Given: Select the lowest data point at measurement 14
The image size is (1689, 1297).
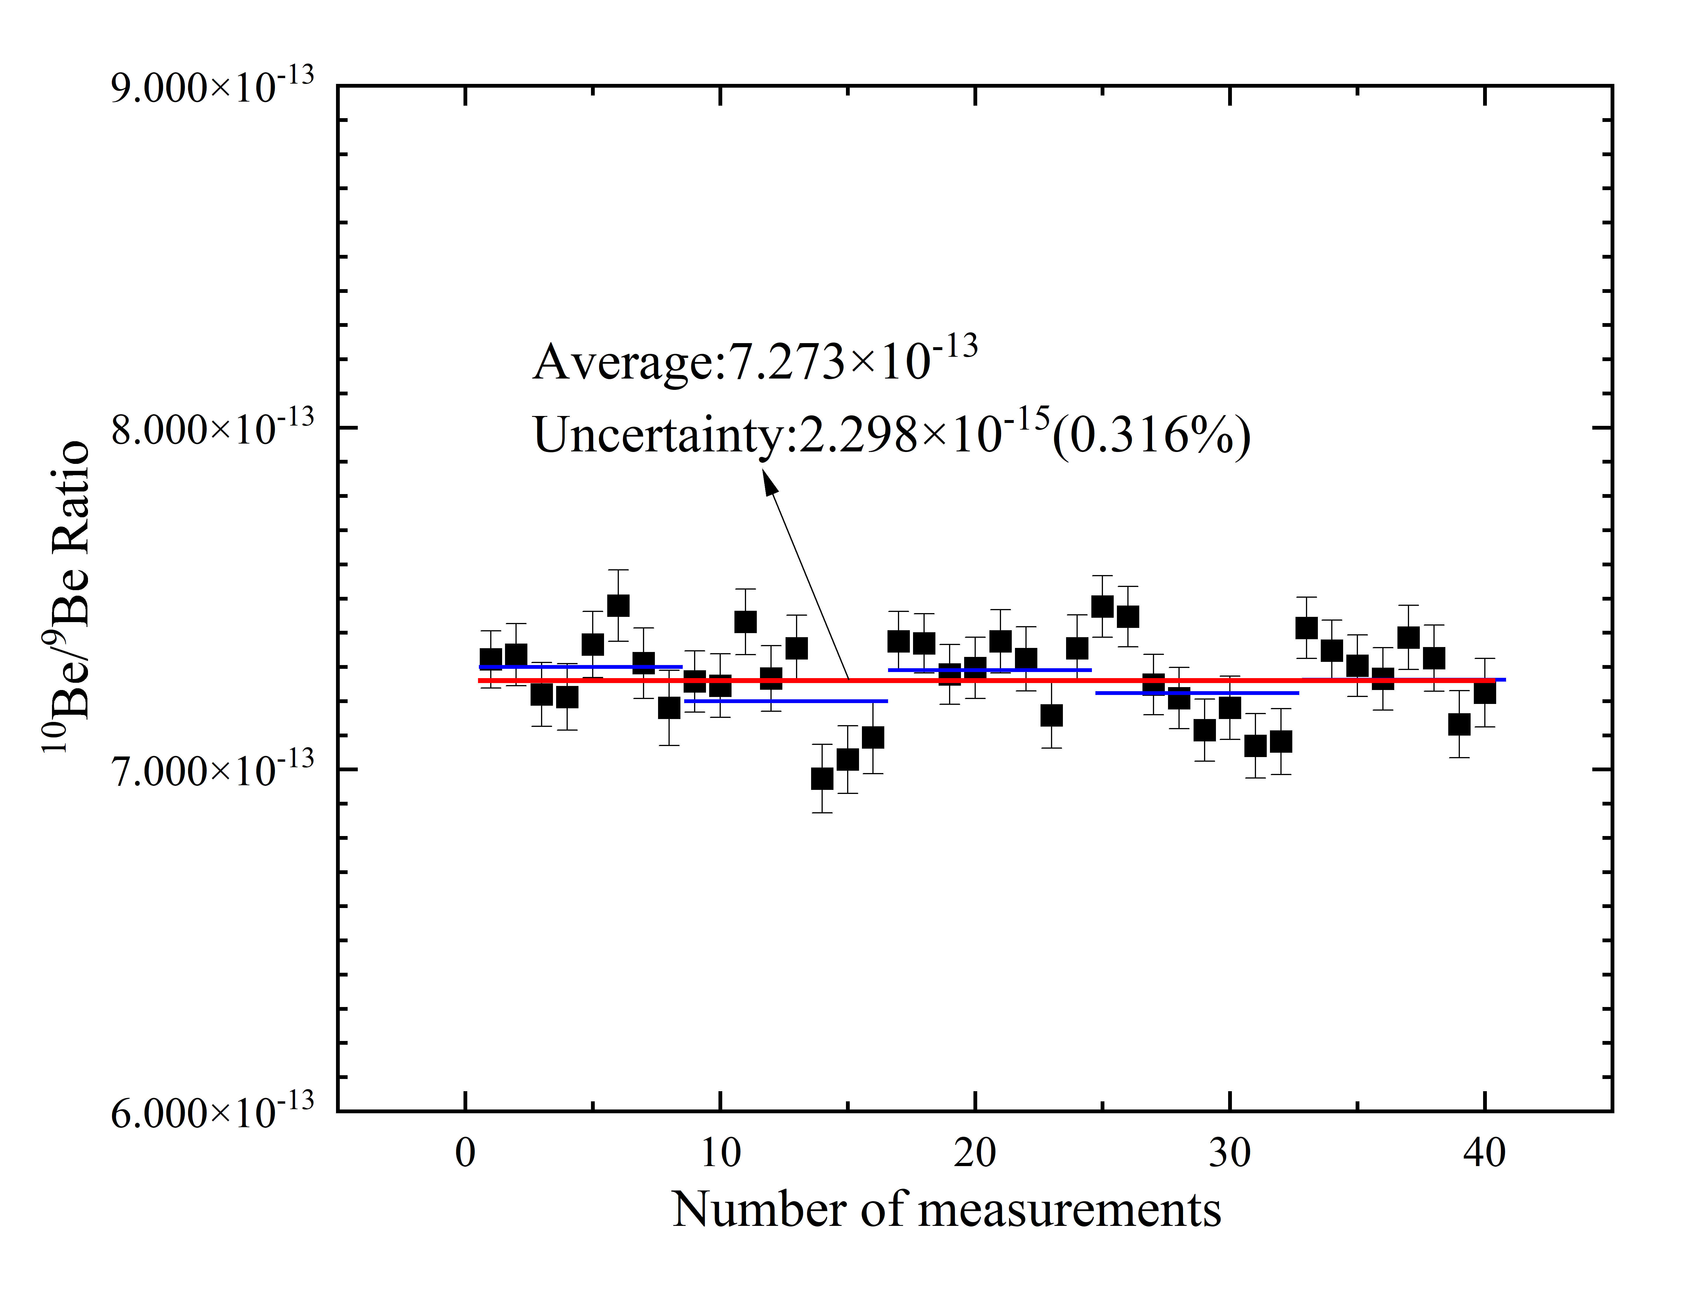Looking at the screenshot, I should [x=822, y=778].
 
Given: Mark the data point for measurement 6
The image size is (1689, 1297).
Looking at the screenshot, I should [x=618, y=605].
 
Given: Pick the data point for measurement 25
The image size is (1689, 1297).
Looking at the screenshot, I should [x=1102, y=606].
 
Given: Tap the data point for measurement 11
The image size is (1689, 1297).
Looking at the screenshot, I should [x=745, y=622].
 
